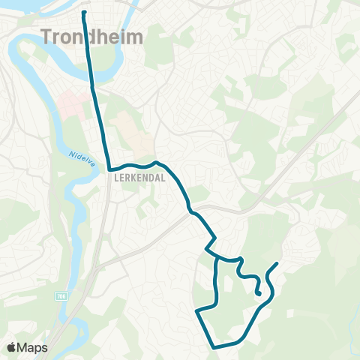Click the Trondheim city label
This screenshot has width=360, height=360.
91,36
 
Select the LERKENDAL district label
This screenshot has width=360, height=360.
134,179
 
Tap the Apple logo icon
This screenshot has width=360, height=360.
13,347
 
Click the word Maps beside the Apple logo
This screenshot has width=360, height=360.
34,347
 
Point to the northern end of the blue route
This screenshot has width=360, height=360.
82,12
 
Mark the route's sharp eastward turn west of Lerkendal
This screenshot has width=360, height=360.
109,169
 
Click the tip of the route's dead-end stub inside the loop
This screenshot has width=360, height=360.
259,295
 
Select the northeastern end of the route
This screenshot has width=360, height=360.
278,263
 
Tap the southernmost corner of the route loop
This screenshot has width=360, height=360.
214,347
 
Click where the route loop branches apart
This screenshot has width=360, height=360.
217,259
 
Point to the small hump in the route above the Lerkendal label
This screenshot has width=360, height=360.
156,162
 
